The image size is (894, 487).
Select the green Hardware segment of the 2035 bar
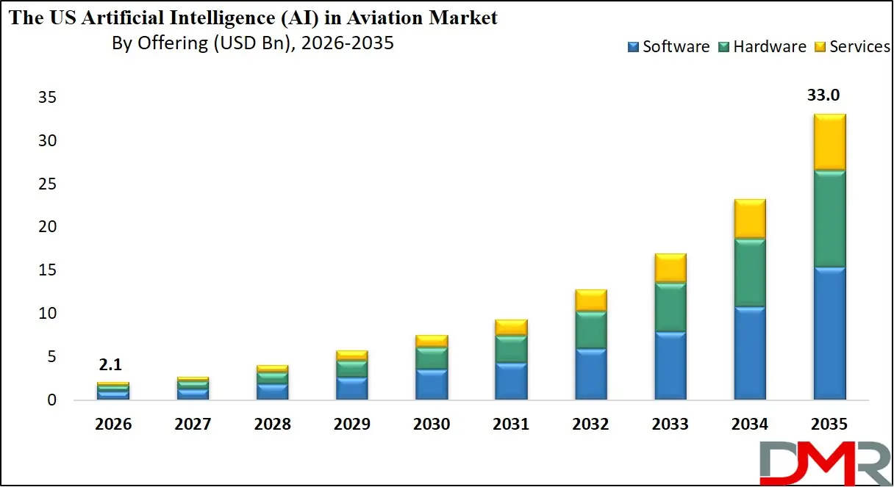coord(829,218)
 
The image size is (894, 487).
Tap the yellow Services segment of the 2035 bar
coord(829,142)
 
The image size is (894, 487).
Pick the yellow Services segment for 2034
coord(750,219)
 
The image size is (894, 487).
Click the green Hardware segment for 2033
coord(670,307)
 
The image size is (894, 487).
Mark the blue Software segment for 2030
coord(432,384)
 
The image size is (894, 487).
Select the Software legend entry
coord(668,47)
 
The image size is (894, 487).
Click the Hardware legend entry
coord(761,47)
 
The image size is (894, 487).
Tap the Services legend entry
coord(853,47)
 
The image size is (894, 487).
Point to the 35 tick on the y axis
coord(48,98)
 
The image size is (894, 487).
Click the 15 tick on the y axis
coord(48,270)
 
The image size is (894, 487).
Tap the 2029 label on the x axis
coord(351,425)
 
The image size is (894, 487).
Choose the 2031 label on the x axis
coord(511,425)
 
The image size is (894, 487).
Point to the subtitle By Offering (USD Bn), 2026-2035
coord(253,43)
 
